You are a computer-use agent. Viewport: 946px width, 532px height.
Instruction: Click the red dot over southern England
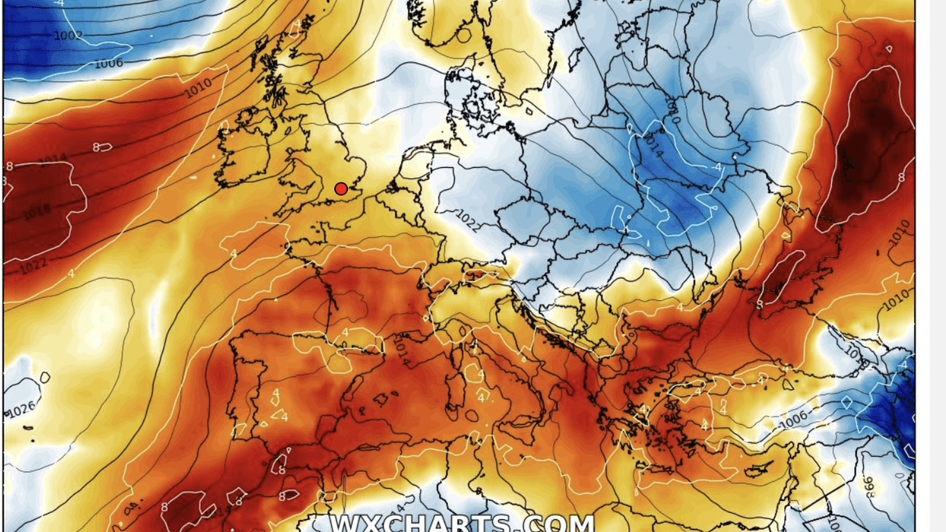[341, 188]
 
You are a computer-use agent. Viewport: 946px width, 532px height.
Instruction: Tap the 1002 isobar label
[68, 36]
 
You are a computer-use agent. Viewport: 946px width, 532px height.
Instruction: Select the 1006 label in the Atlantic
[109, 63]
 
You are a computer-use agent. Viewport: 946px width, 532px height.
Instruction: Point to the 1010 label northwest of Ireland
[198, 88]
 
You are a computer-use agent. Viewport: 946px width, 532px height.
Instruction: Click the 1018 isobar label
[36, 212]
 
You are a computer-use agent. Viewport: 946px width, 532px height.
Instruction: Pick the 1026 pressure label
[21, 410]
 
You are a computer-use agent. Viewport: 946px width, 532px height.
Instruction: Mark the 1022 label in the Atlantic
[33, 267]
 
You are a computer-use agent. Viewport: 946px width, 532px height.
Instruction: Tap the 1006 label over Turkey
[793, 417]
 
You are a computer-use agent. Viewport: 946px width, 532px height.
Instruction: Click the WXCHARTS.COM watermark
[462, 524]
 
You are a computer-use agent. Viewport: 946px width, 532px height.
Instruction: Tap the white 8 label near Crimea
[760, 304]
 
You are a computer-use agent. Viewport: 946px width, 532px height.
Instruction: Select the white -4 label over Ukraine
[717, 167]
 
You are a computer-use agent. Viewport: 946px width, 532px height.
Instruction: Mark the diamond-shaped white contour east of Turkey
[847, 402]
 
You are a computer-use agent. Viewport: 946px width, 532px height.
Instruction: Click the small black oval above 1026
[45, 378]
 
